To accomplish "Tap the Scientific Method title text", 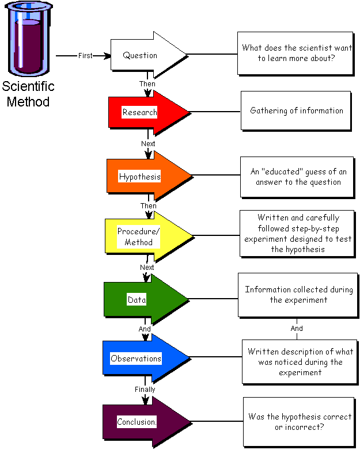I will (x=28, y=94).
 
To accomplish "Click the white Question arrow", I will (x=144, y=55).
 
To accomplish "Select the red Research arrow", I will (x=144, y=112).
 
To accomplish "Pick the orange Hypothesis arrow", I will (x=144, y=176).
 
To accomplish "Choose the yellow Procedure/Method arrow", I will (x=144, y=237).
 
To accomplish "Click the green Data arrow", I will (x=141, y=299).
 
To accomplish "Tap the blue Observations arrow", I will (x=141, y=359).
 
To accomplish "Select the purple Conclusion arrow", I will (x=141, y=422).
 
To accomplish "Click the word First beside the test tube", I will (x=85, y=56).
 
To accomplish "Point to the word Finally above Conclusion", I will (x=145, y=390).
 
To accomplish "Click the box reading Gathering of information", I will (x=296, y=110).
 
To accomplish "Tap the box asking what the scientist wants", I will (x=296, y=54).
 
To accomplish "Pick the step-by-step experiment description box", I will (x=297, y=234).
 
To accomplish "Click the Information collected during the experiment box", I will (x=298, y=295).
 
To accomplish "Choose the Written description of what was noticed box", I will (x=299, y=361).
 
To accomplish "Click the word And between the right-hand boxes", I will (x=297, y=329).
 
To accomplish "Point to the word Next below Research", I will (x=148, y=143).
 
